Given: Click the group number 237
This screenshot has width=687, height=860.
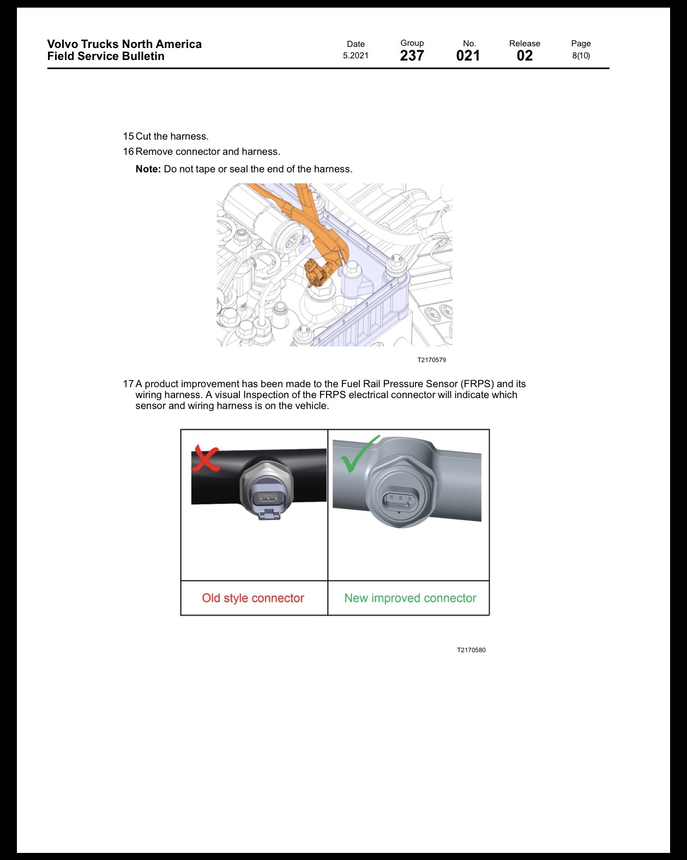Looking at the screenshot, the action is click(412, 56).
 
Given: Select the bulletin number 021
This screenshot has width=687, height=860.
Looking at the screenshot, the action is click(468, 56).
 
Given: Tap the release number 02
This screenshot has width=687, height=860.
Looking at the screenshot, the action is click(525, 56).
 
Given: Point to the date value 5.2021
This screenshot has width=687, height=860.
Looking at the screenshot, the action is click(355, 56).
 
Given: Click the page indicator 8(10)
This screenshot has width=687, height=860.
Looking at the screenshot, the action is click(581, 56).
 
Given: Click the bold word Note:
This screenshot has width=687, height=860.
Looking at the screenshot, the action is click(148, 169).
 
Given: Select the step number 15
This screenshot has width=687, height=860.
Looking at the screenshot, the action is click(128, 136).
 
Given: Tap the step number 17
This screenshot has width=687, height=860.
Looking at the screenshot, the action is click(128, 383).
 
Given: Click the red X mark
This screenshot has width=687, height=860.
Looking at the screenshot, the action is click(205, 459).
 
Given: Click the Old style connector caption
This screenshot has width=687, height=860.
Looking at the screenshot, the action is click(253, 598).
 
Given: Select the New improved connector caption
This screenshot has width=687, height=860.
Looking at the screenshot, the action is click(410, 598).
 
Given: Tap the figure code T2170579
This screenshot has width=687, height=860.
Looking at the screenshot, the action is click(432, 360).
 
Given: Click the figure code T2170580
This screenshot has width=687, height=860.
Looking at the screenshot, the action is click(471, 650).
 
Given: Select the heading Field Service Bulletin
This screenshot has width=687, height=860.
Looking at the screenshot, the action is click(106, 56).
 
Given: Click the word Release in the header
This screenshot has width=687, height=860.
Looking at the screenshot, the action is click(525, 44).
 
